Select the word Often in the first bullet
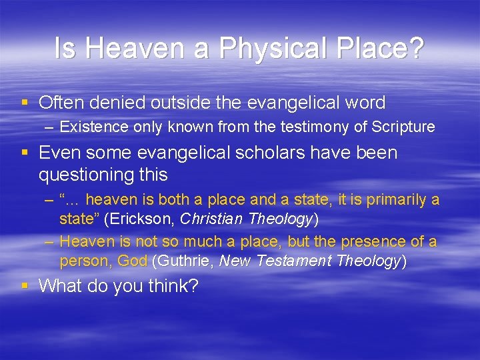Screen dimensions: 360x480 (x=63, y=103)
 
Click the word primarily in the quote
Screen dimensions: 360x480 (x=395, y=200)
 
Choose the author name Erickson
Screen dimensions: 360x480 (x=141, y=219)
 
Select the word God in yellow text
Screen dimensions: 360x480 (x=133, y=261)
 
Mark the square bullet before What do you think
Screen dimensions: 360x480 (x=25, y=286)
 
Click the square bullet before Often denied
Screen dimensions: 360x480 (x=25, y=103)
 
